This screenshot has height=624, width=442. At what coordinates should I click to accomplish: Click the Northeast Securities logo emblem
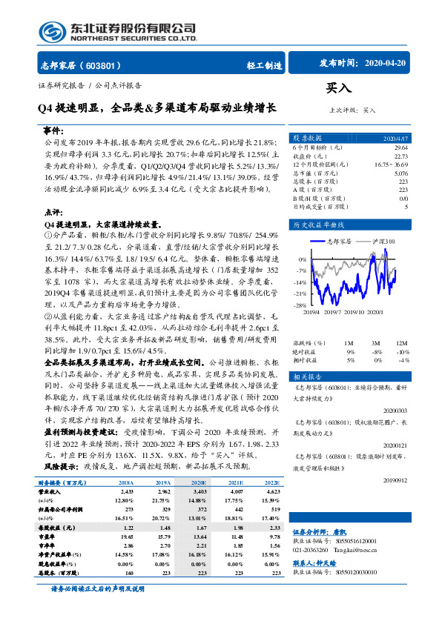(50, 31)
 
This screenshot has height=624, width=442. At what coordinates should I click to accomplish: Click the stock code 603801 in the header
(108, 65)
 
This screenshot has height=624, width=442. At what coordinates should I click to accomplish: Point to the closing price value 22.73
(400, 156)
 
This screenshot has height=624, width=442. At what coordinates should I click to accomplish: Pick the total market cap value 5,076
(400, 173)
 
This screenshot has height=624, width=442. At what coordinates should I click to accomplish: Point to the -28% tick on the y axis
(300, 305)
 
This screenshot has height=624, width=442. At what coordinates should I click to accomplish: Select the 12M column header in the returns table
(401, 343)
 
